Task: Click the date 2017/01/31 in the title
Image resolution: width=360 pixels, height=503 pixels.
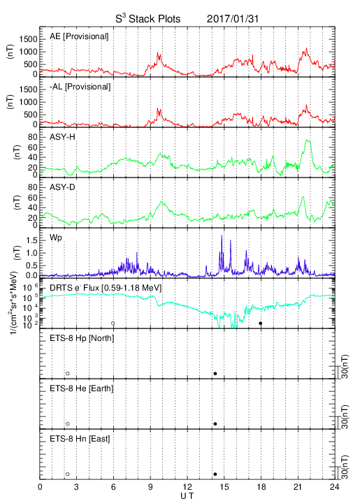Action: pos(233,19)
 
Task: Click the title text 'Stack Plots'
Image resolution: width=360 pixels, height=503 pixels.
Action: pos(154,19)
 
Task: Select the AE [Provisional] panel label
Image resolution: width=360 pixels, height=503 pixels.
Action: pos(79,36)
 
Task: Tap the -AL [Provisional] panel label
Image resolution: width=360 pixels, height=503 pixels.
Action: pos(80,87)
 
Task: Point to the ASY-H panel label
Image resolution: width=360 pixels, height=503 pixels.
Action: pos(62,137)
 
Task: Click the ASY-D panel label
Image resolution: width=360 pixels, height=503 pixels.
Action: pos(62,187)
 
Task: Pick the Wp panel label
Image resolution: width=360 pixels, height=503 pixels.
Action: pos(55,238)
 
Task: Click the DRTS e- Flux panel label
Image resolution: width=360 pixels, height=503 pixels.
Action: pos(106,288)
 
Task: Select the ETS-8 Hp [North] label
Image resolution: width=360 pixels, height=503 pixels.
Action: pos(82,338)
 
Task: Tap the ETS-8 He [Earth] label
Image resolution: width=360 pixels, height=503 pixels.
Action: pos(82,388)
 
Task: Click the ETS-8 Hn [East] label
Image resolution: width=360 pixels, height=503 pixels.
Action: pos(80,439)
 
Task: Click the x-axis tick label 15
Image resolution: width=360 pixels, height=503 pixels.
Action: pos(224,487)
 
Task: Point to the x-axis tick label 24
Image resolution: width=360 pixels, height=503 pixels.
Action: pos(335,487)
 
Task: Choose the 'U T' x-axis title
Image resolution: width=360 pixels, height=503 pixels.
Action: pos(187,496)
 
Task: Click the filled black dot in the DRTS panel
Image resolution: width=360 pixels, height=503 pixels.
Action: pos(261,323)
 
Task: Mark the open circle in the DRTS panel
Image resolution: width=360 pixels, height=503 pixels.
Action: pos(113,323)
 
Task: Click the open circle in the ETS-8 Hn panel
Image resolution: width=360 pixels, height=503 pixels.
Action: pos(68,474)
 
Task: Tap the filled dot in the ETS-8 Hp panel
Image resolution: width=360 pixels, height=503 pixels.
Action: pos(215,374)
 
